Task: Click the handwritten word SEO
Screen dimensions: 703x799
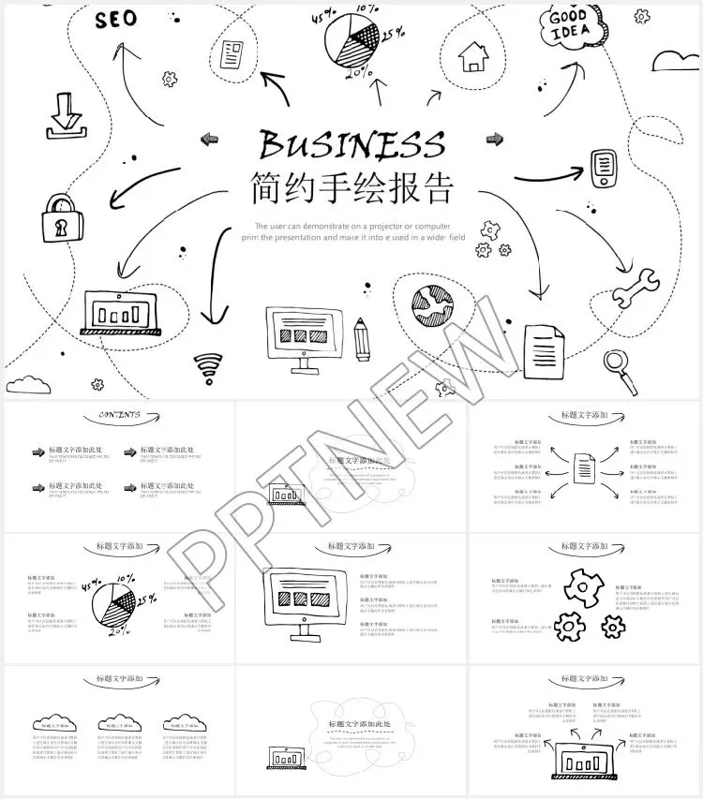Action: pos(115,18)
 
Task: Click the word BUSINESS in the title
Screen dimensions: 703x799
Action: pos(351,144)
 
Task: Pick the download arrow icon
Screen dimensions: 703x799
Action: pos(64,114)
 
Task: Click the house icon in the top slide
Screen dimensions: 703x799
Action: pos(473,57)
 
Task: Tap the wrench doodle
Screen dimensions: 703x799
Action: pos(636,287)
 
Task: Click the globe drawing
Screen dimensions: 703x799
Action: pos(431,301)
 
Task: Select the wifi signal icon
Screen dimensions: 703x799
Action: pos(208,368)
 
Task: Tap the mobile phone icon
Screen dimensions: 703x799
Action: pos(604,168)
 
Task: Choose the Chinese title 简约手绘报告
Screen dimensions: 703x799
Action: pos(351,188)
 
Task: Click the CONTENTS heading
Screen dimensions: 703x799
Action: pos(119,415)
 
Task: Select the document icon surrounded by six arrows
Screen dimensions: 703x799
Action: pos(584,464)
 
